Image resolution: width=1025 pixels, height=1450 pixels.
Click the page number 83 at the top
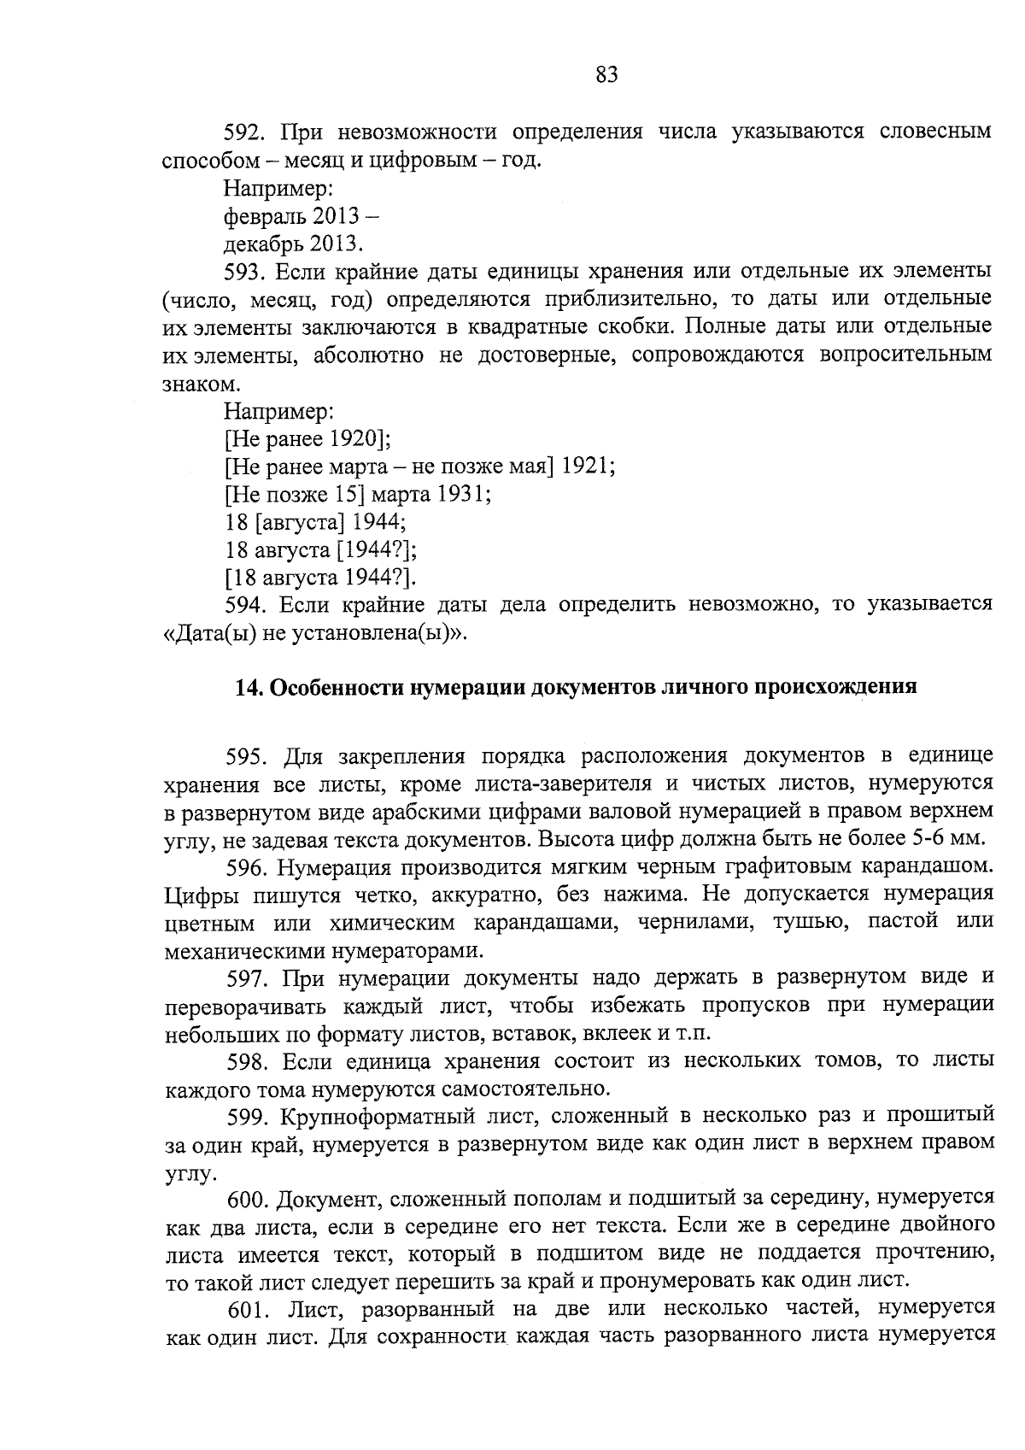tap(606, 75)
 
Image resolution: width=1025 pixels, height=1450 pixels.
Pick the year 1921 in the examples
tap(587, 467)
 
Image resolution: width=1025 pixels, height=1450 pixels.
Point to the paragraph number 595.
tap(248, 757)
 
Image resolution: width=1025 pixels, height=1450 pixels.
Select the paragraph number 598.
tap(248, 1061)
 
